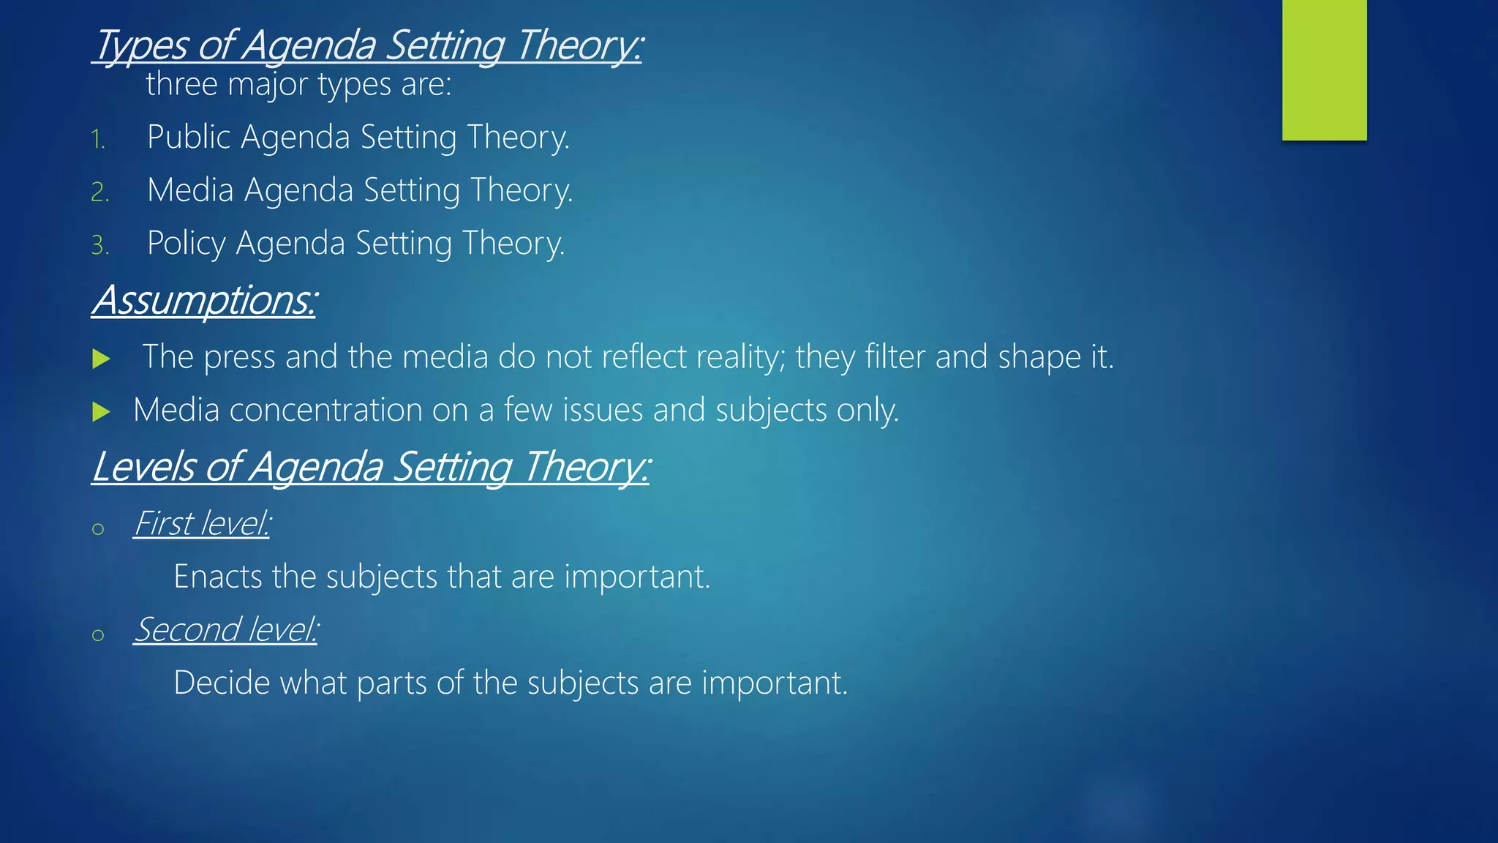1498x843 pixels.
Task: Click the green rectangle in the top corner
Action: (x=1324, y=70)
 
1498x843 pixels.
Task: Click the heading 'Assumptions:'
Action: (x=204, y=300)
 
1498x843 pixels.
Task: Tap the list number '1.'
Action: (x=99, y=139)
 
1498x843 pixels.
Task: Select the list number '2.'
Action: (x=100, y=192)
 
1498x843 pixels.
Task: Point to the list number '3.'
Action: (x=100, y=245)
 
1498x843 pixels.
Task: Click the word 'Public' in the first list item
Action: (x=189, y=137)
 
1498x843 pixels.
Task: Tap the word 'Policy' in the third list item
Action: (x=186, y=243)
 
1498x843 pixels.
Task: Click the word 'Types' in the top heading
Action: (x=142, y=45)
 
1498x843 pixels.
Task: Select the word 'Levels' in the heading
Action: (x=143, y=467)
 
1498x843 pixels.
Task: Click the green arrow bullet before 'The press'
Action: (x=102, y=359)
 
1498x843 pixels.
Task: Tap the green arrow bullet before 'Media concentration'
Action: (x=102, y=412)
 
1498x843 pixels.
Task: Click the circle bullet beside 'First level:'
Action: (x=98, y=529)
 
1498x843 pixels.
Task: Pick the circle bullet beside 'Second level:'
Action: (x=98, y=635)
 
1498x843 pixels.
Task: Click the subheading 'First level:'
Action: (x=202, y=523)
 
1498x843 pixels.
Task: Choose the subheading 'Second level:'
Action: (x=226, y=629)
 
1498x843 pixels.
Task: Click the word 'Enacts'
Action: (x=218, y=577)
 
